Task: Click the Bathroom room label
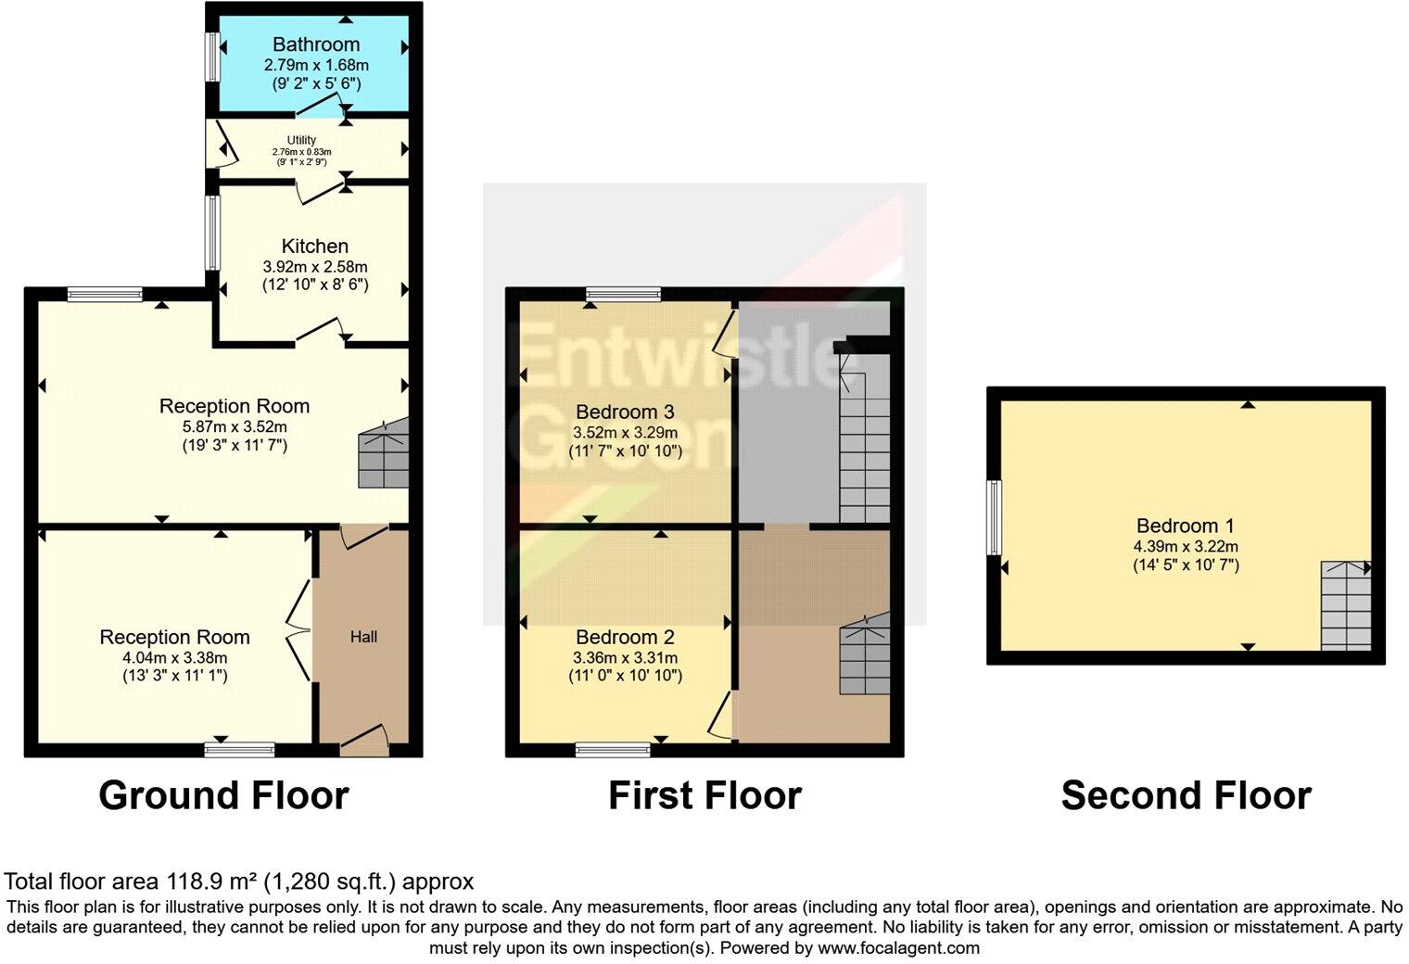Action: click(315, 44)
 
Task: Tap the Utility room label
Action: click(301, 140)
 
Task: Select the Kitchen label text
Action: click(315, 246)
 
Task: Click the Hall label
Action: click(363, 637)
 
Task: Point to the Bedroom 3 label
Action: click(625, 412)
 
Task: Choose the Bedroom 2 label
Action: click(625, 637)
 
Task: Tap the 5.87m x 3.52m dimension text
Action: click(235, 426)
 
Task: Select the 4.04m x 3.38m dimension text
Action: click(175, 657)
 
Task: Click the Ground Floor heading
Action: click(223, 796)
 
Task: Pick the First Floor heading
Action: click(704, 796)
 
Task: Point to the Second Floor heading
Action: click(1186, 796)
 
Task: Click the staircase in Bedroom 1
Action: click(1346, 605)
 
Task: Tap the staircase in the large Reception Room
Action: click(384, 453)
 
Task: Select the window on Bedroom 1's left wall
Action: click(994, 517)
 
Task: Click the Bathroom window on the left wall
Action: click(212, 57)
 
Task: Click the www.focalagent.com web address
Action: click(897, 948)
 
